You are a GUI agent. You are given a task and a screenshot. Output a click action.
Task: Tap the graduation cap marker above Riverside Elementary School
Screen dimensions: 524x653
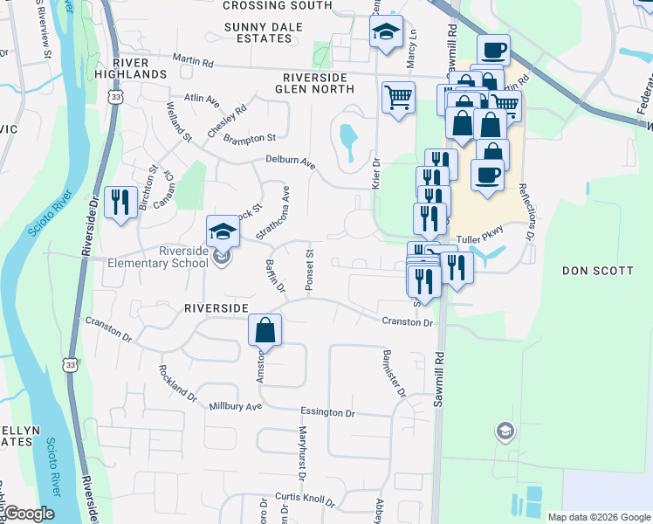(223, 231)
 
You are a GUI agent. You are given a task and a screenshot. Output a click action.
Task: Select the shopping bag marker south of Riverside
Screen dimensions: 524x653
(265, 331)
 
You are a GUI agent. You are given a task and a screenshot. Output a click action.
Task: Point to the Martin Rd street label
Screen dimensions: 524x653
(193, 62)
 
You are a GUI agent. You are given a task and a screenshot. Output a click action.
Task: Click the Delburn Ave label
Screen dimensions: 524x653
(291, 162)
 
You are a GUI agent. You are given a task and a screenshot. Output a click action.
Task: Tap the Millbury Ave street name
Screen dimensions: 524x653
(235, 407)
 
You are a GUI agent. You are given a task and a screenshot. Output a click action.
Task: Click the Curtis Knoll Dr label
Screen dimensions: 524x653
(305, 500)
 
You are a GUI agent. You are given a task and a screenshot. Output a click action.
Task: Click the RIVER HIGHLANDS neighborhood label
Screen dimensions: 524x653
(140, 68)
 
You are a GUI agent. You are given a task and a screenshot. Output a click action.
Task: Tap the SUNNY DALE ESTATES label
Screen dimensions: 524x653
(263, 32)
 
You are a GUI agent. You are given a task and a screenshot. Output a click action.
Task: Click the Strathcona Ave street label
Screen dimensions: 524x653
(273, 213)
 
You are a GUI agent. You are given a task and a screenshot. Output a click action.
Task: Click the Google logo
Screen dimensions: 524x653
(29, 514)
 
